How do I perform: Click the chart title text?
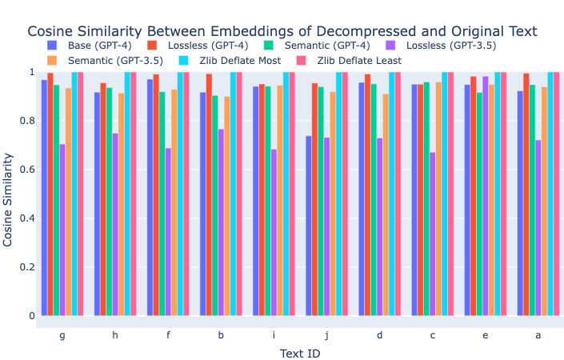(282, 31)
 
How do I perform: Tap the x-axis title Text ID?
(300, 353)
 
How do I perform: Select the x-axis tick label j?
(326, 335)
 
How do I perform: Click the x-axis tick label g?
(62, 335)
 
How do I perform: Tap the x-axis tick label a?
(538, 335)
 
